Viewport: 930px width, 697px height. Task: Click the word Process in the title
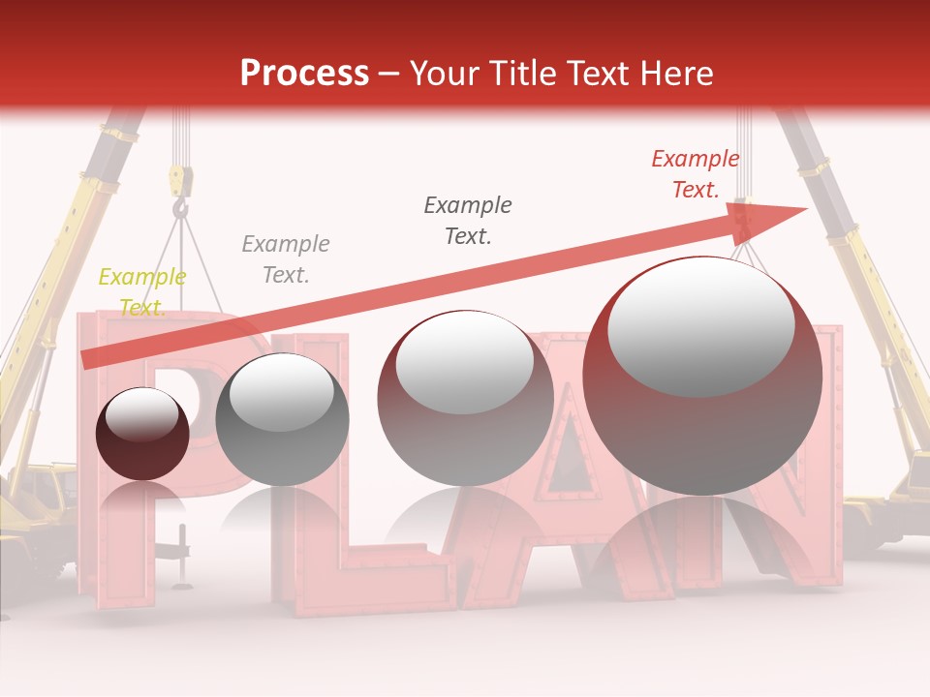[304, 74]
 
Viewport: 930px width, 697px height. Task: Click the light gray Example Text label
[285, 259]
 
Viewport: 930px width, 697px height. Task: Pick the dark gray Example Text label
[468, 220]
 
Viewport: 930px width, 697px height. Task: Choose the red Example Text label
[695, 174]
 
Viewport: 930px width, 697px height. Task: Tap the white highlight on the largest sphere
[700, 324]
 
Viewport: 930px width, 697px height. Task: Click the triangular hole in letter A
[572, 455]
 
